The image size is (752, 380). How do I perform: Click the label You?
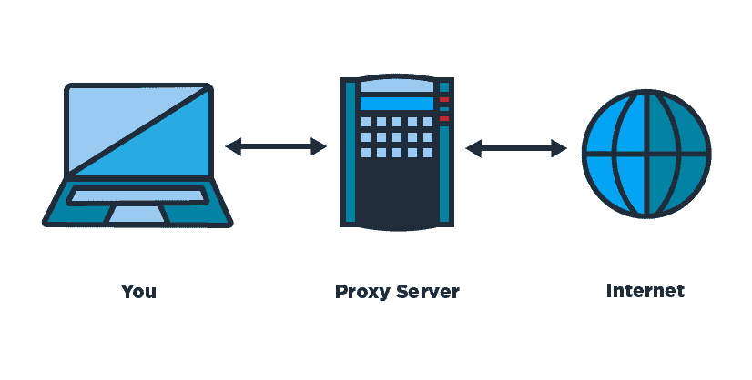138,291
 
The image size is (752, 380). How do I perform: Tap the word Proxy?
362,292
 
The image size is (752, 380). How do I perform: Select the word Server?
428,291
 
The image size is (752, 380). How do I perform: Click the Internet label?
645,291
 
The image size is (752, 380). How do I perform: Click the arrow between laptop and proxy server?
276,146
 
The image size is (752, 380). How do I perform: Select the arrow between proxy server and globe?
516,148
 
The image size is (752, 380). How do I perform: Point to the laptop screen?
138,130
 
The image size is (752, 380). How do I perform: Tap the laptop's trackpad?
137,214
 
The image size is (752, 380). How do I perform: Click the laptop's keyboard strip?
137,196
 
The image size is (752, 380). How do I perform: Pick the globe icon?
646,154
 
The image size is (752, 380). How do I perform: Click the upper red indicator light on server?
444,100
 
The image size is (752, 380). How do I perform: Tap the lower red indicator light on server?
444,118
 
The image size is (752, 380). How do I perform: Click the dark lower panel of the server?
397,192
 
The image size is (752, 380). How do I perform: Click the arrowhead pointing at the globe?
560,148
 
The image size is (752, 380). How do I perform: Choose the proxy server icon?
397,153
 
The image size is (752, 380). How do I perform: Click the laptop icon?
137,155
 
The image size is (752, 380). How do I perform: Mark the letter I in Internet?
609,291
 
